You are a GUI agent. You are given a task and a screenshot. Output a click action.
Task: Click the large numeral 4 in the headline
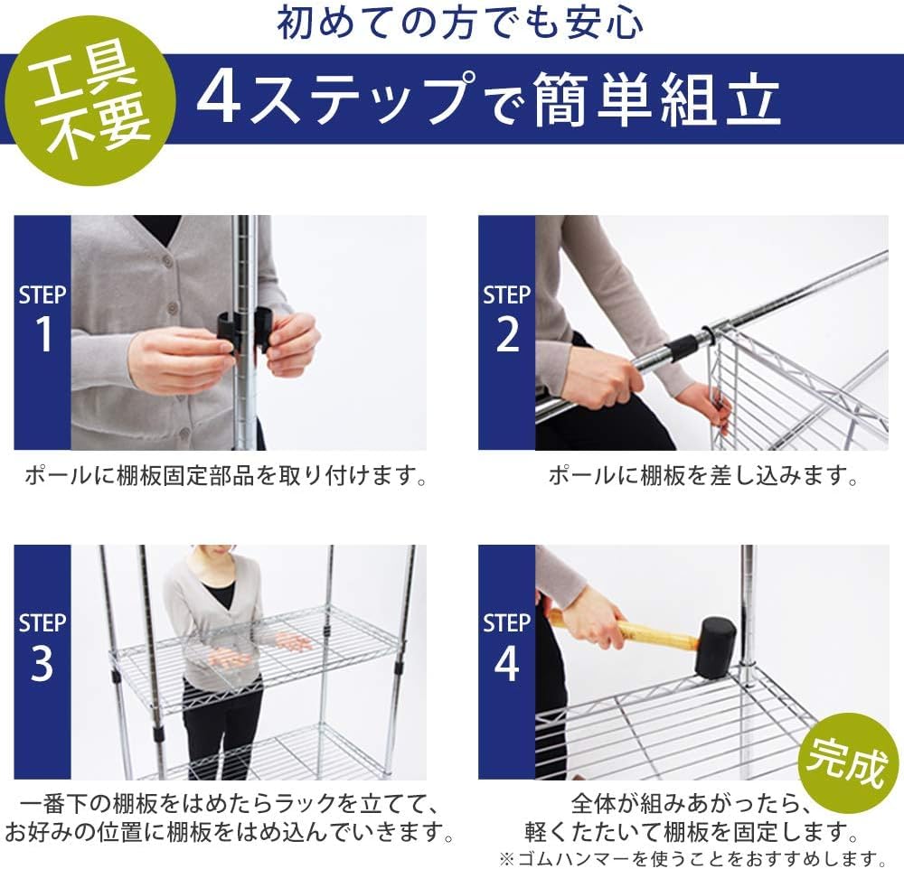220,99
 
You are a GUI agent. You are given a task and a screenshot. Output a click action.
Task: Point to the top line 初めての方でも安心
460,24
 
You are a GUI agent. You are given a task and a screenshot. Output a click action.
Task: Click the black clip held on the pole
243,331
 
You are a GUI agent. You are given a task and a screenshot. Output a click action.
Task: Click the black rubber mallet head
714,647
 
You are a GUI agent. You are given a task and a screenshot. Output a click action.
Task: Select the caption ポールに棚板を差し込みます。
703,476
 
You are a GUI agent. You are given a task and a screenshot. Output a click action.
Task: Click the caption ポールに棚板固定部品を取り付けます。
227,476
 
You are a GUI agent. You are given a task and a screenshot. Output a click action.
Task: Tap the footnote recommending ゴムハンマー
692,855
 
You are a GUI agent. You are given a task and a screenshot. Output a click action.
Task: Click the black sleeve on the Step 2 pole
683,349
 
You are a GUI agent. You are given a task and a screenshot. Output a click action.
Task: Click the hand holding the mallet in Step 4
592,614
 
